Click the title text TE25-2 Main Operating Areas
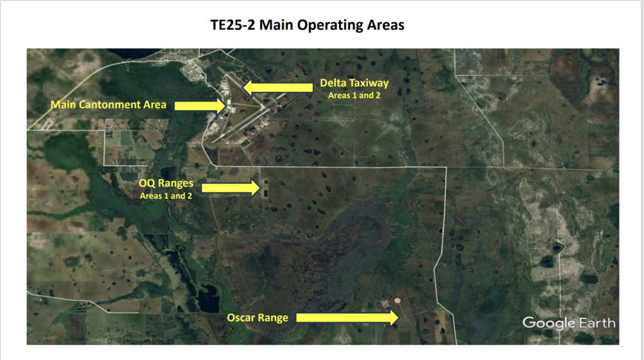[307, 25]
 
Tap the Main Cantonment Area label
[108, 105]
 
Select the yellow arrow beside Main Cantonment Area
[200, 106]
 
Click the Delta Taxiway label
[354, 84]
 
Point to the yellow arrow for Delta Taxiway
[277, 87]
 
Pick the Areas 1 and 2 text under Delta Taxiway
[354, 95]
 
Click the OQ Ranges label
[166, 183]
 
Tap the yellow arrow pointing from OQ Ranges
[231, 188]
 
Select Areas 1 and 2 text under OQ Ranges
[166, 196]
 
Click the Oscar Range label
[257, 318]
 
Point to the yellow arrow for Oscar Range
[347, 317]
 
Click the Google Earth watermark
[569, 323]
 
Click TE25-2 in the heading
[233, 25]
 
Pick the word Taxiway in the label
[372, 84]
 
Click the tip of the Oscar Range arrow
[398, 317]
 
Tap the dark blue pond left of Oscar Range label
[208, 298]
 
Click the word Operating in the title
[330, 25]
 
